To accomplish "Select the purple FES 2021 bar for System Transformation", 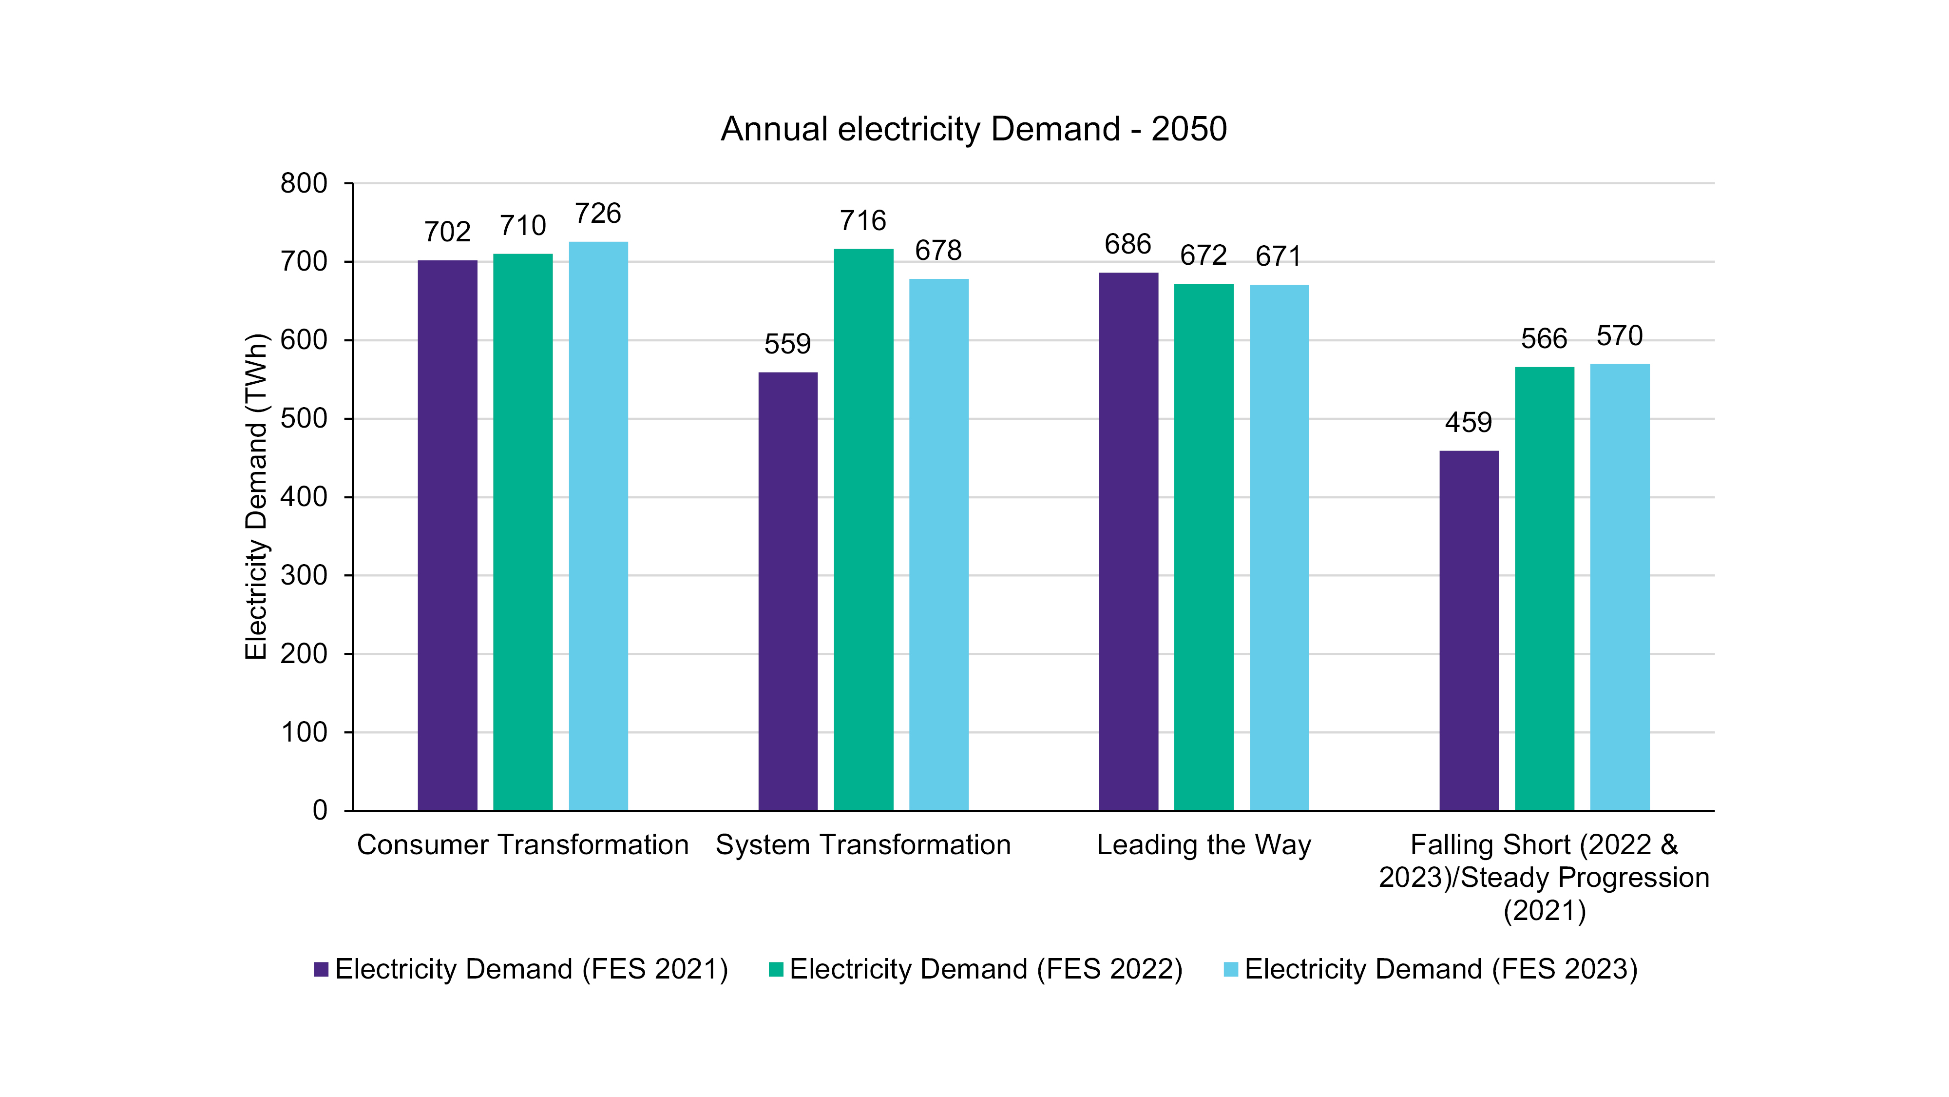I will [x=787, y=590].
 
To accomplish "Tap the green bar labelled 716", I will [x=863, y=530].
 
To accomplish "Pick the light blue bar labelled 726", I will [x=598, y=526].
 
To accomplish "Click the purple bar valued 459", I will [x=1469, y=630].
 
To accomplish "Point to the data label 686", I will [x=1127, y=245].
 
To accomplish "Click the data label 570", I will [x=1619, y=336].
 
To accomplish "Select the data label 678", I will [x=938, y=251].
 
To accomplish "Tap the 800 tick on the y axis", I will [x=304, y=183].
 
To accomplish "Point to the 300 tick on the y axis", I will [x=304, y=575].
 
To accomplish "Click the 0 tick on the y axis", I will [x=320, y=811].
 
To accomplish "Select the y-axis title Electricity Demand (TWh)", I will [x=256, y=497].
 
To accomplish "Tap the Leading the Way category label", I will [x=1204, y=845].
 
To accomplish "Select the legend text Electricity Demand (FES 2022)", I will [x=986, y=969].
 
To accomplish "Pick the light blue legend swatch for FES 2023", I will [x=1231, y=969].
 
